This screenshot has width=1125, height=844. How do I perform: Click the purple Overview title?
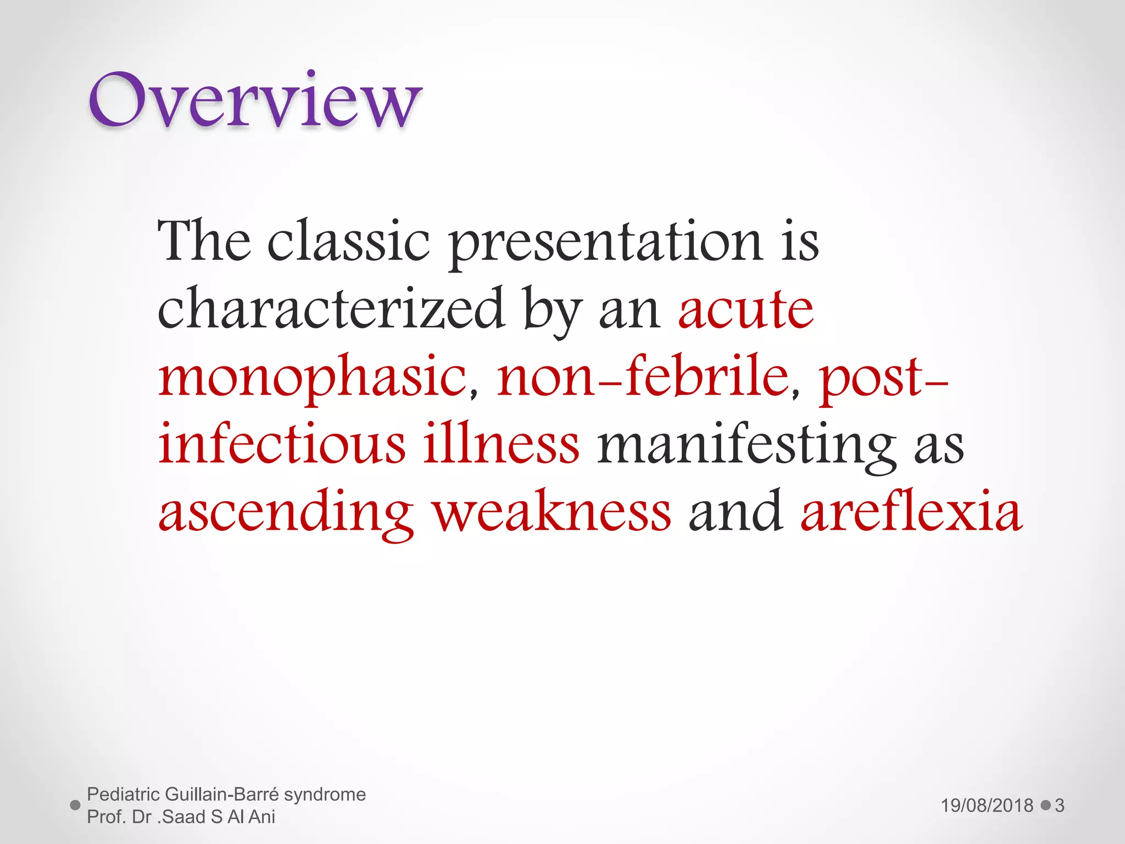(x=255, y=102)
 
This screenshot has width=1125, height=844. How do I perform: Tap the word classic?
(x=348, y=242)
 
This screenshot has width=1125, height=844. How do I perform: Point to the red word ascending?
(x=286, y=514)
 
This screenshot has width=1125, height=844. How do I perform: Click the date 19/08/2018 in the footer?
(x=987, y=806)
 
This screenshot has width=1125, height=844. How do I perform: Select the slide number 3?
(x=1060, y=806)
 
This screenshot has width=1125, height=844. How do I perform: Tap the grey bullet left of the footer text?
(x=76, y=806)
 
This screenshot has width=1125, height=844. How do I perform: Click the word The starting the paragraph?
(x=204, y=242)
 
